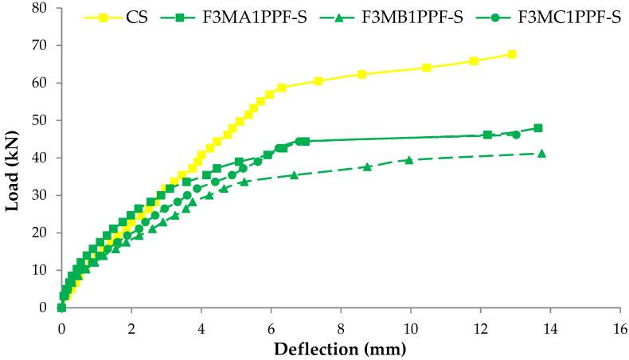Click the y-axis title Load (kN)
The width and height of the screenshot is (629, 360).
(x=13, y=158)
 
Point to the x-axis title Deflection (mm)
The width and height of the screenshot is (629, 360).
(x=341, y=349)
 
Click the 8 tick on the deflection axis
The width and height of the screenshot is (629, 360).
(x=341, y=327)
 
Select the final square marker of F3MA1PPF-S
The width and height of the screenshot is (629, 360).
(x=538, y=127)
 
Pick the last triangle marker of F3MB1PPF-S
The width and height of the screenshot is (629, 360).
(x=542, y=153)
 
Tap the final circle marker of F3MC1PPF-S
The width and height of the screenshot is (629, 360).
(x=516, y=135)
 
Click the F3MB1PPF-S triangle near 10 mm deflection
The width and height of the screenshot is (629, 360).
(x=409, y=160)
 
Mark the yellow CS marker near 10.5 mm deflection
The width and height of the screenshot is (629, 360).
(x=427, y=68)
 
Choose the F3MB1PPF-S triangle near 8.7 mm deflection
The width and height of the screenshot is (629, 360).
(x=367, y=166)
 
